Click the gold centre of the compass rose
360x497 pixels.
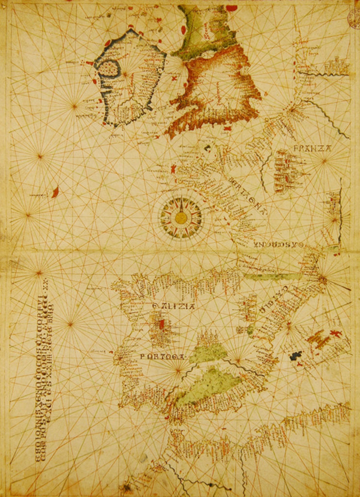181,218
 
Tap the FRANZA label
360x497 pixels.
312,149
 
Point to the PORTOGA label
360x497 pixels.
163,357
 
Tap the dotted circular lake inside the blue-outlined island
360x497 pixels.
109,69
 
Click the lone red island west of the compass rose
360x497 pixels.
55,192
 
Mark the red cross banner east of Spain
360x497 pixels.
335,334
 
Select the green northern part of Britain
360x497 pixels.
204,29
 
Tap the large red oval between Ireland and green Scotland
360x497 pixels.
184,30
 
